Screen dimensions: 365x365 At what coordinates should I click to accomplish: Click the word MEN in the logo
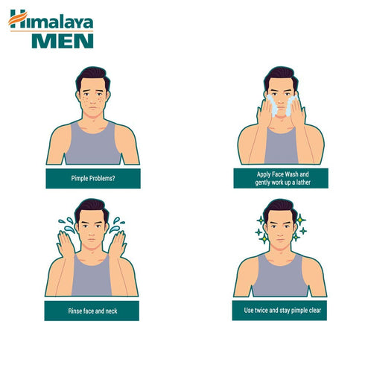62,39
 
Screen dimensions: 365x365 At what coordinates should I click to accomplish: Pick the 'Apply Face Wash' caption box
279,178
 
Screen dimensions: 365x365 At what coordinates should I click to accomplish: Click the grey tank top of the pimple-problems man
92,147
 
